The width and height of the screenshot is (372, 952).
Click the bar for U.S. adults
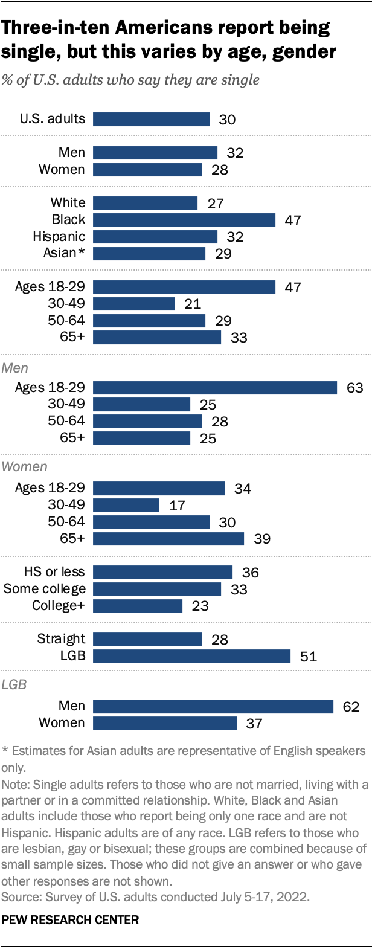pos(151,120)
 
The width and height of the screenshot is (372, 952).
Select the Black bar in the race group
pos(184,220)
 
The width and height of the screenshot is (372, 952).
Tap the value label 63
pos(355,388)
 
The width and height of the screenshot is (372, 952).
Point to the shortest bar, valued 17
pos(126,505)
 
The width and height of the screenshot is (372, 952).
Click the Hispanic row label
pos(59,237)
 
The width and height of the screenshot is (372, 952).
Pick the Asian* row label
pos(64,253)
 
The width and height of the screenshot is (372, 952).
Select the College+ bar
pos(138,606)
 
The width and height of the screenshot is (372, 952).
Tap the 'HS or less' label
pos(54,571)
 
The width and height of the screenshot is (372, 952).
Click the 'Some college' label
pos(45,588)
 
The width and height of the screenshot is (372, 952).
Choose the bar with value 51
pos(192,656)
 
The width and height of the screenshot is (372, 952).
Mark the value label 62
pos(351,707)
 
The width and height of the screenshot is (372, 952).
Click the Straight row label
pos(61,639)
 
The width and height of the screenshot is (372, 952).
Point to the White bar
pos(145,203)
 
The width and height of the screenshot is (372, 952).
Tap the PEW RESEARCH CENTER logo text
pos(70,920)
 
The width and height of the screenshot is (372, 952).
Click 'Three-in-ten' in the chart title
pos(56,28)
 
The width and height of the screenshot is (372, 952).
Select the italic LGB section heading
pos(14,684)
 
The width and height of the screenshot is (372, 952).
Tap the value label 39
pos(262,539)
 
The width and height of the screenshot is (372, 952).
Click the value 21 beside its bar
pos(193,304)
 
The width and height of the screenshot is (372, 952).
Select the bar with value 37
pos(165,723)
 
